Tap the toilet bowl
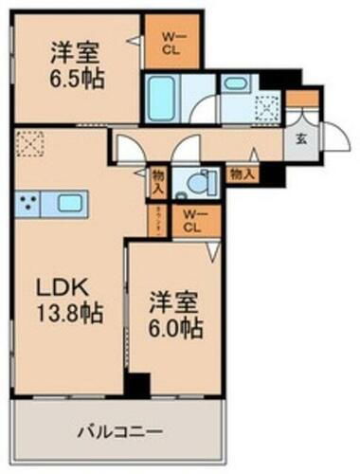pyautogui.click(x=199, y=181)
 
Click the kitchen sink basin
pyautogui.click(x=67, y=203)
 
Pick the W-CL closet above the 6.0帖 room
pyautogui.click(x=191, y=222)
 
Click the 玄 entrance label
pyautogui.click(x=300, y=139)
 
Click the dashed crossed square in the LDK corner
pyautogui.click(x=29, y=146)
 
